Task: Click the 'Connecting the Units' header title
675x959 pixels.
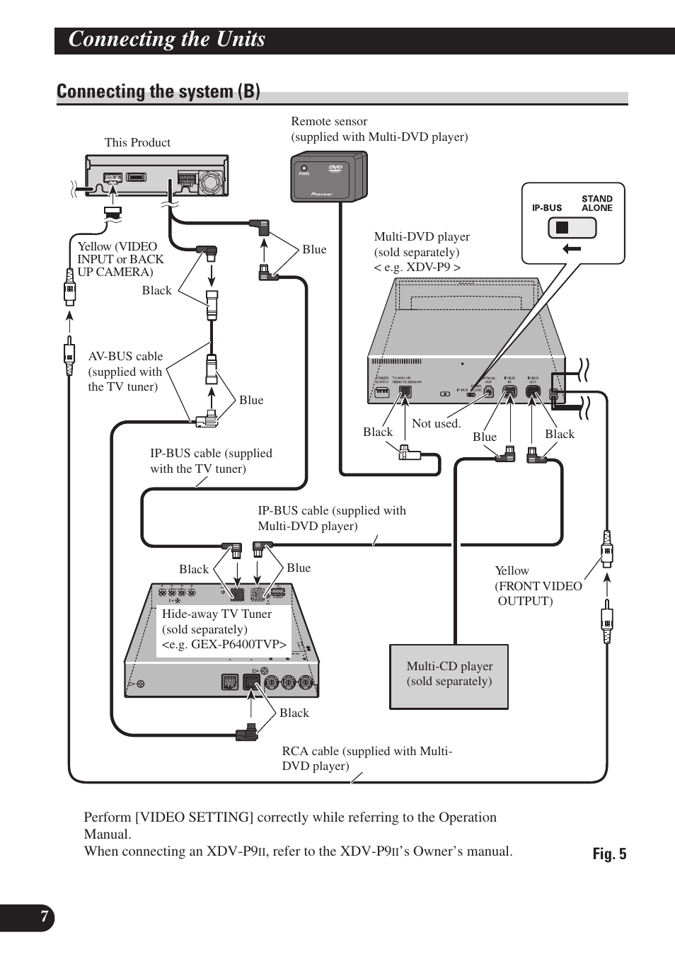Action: click(x=167, y=40)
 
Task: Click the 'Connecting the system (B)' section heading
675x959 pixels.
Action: click(x=158, y=92)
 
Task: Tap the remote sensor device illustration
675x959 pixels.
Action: click(x=328, y=177)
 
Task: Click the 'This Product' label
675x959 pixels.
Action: click(x=137, y=142)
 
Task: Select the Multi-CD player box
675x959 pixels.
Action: click(x=449, y=675)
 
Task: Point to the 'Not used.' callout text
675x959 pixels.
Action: click(x=436, y=423)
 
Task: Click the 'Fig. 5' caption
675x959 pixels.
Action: click(x=609, y=854)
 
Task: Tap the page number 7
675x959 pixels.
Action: click(x=44, y=917)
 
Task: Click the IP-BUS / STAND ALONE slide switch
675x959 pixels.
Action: click(x=572, y=228)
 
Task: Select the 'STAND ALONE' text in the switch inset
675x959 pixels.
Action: click(x=596, y=203)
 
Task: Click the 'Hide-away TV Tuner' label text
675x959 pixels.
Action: click(x=217, y=614)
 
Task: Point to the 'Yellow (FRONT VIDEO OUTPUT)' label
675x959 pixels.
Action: click(x=538, y=586)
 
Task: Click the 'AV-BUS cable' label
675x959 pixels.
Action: click(x=125, y=357)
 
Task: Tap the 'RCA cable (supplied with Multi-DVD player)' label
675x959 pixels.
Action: click(x=367, y=758)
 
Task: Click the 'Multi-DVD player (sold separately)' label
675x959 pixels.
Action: click(x=422, y=244)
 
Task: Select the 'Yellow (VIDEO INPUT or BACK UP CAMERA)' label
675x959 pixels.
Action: click(x=120, y=259)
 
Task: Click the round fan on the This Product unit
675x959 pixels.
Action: click(x=212, y=182)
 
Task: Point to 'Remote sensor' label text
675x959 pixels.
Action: click(x=329, y=122)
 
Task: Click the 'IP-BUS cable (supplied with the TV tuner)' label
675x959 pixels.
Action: click(x=211, y=461)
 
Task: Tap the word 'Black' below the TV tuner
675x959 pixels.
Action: click(x=294, y=713)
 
